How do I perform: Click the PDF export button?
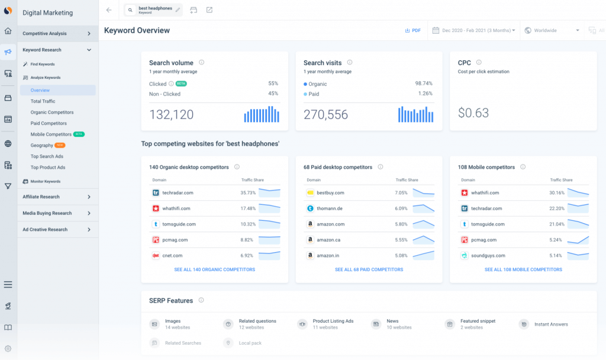click(x=412, y=30)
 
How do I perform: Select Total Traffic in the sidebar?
click(x=43, y=101)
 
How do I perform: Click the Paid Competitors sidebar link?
click(x=49, y=123)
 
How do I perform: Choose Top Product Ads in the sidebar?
click(x=47, y=167)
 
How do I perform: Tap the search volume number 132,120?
click(x=172, y=114)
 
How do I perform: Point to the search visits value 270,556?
click(x=326, y=114)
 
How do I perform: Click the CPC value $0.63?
click(x=473, y=113)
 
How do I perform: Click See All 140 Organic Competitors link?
click(x=214, y=269)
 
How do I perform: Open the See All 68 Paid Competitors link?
click(x=369, y=269)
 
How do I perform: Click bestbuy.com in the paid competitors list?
click(x=330, y=192)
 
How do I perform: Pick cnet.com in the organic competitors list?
click(x=172, y=256)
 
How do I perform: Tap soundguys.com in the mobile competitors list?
click(x=488, y=256)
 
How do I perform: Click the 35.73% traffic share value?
click(x=248, y=192)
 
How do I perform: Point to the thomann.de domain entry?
click(x=330, y=208)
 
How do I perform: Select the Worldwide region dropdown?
click(x=552, y=30)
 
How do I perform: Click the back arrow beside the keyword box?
click(x=108, y=10)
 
